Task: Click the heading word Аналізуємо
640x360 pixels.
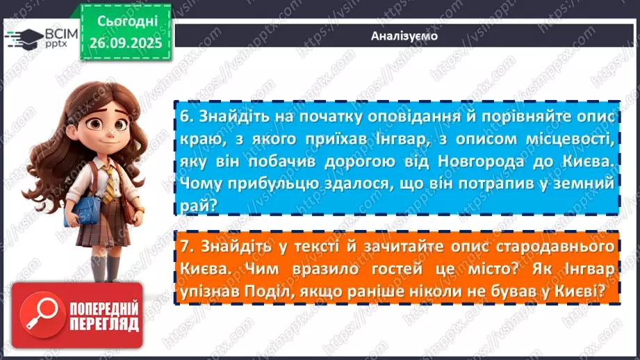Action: click(404, 35)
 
